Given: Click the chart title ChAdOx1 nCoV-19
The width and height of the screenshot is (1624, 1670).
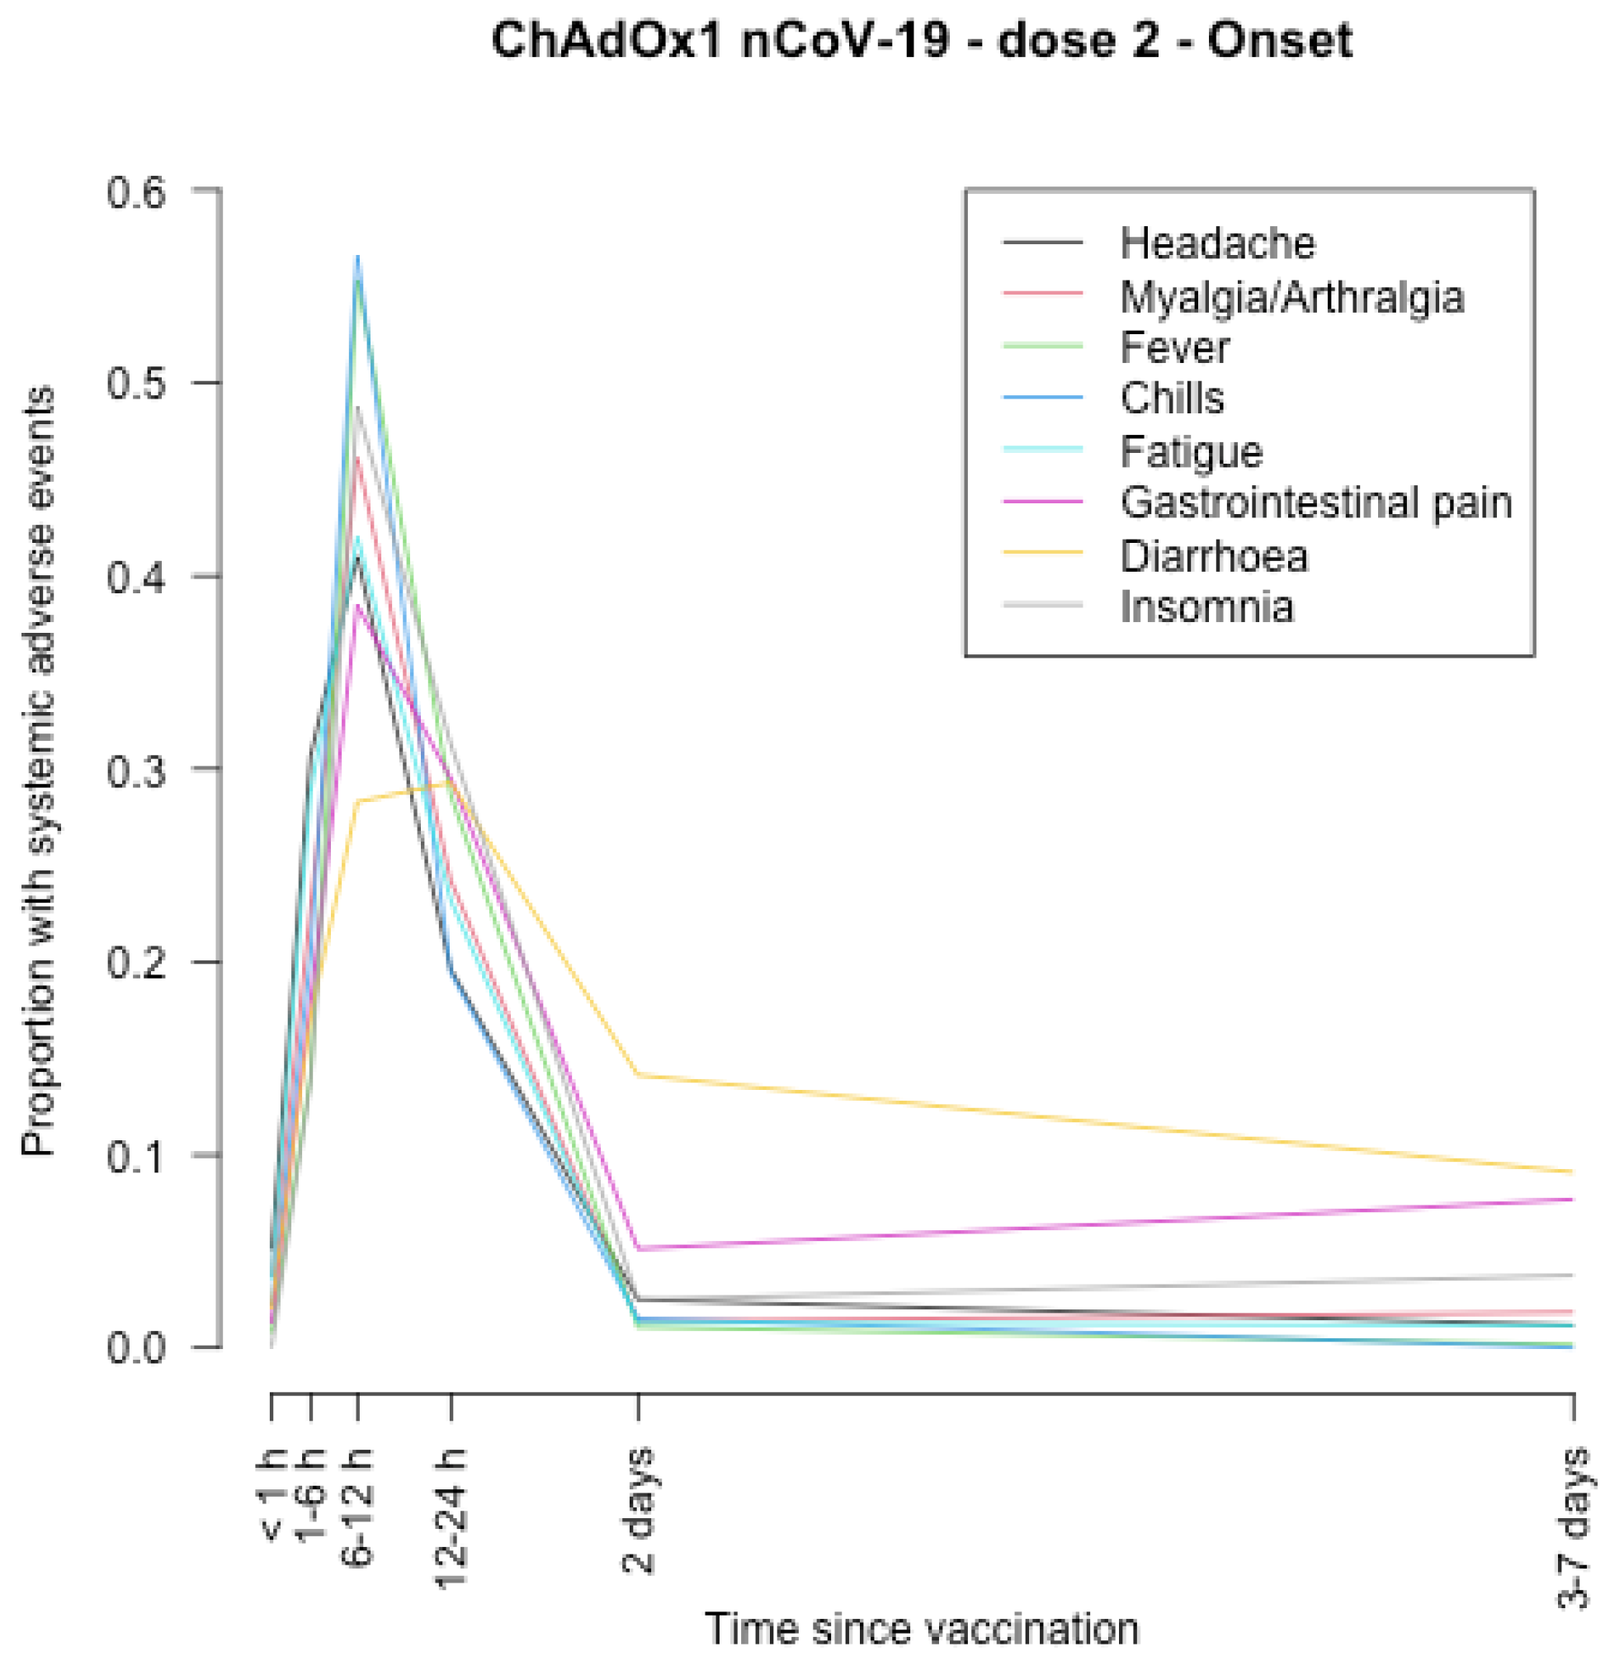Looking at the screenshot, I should pyautogui.click(x=921, y=40).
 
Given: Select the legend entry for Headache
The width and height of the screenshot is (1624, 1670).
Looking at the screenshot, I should pyautogui.click(x=1217, y=244).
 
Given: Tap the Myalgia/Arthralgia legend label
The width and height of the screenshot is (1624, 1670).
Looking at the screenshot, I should pyautogui.click(x=1291, y=297).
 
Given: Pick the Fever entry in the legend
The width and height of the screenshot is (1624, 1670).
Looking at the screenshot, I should pyautogui.click(x=1174, y=348).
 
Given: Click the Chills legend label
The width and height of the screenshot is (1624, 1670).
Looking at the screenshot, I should pyautogui.click(x=1172, y=399).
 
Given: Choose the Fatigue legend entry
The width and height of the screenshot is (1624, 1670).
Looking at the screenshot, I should pyautogui.click(x=1191, y=451).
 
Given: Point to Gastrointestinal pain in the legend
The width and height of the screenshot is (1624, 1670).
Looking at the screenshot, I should pyautogui.click(x=1315, y=503).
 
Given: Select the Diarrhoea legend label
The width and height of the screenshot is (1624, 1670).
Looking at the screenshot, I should pyautogui.click(x=1213, y=556).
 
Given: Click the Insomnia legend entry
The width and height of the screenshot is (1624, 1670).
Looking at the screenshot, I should pyautogui.click(x=1206, y=607).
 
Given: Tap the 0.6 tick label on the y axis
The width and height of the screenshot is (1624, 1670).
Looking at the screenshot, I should pyautogui.click(x=135, y=192).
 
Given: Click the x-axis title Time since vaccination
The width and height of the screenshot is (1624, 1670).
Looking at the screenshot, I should pyautogui.click(x=921, y=1627).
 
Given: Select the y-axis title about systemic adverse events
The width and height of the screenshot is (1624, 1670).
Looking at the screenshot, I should pyautogui.click(x=40, y=772).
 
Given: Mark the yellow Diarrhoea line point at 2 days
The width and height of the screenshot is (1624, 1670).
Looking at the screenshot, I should pyautogui.click(x=638, y=1076).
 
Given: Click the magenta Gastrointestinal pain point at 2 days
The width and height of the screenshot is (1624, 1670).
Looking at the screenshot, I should pyautogui.click(x=638, y=1248).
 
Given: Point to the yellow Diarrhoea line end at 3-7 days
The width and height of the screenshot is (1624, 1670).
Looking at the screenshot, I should pyautogui.click(x=1571, y=1172).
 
